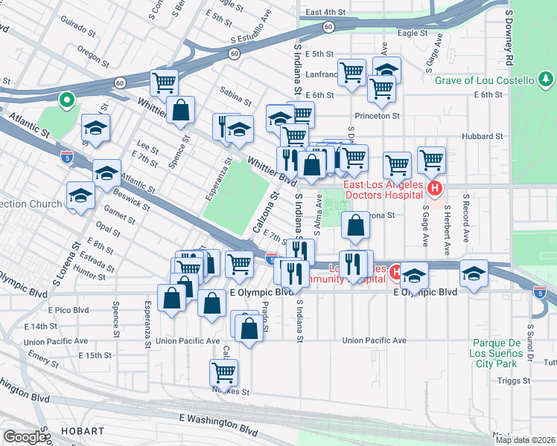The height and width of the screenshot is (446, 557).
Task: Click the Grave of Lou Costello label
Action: [x=484, y=80]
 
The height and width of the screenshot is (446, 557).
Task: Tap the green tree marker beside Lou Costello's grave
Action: [x=546, y=80]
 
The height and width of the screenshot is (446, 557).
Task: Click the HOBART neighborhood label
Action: [x=83, y=431]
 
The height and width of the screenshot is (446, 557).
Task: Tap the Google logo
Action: [x=25, y=437]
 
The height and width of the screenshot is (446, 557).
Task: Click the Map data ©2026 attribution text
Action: [x=525, y=440]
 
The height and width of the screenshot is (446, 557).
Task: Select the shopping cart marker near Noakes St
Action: [x=223, y=372]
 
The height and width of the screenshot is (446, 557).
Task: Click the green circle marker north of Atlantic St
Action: [x=66, y=98]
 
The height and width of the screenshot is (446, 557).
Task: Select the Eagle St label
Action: [x=413, y=33]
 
